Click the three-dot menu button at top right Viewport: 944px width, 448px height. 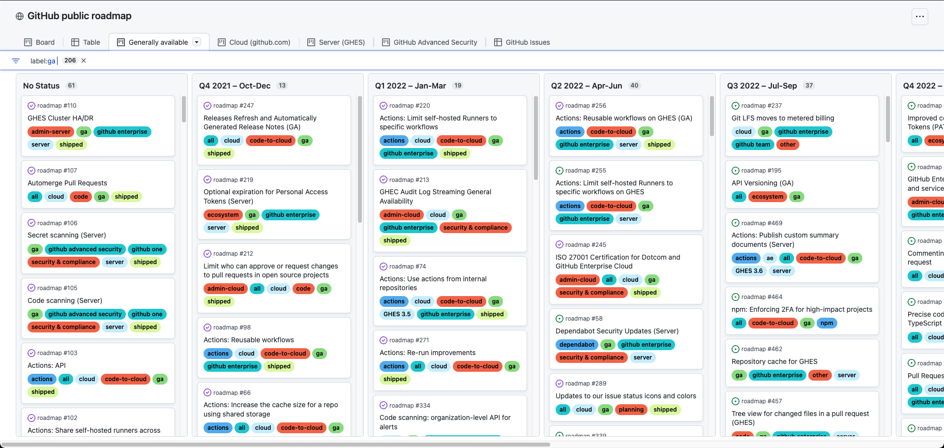tap(919, 16)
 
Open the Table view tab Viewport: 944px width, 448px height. tap(86, 42)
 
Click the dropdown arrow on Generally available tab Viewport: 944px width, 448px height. tap(197, 42)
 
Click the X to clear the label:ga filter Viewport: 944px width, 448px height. tap(84, 60)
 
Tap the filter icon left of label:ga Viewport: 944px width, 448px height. tap(16, 60)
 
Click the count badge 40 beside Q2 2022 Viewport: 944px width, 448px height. tap(634, 86)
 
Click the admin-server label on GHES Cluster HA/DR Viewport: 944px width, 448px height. tap(51, 132)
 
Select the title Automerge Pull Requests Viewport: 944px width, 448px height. tap(67, 183)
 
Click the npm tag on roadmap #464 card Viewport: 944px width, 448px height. tap(826, 323)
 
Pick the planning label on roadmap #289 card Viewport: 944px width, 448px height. tap(631, 410)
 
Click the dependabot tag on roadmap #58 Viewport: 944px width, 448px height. tap(576, 345)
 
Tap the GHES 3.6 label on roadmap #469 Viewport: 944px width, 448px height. tap(749, 271)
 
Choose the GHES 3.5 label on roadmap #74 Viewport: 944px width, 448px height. tap(397, 314)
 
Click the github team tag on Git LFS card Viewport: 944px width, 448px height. tap(752, 145)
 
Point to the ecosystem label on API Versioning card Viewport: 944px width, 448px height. tap(767, 197)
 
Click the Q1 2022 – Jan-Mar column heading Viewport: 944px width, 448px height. tap(410, 86)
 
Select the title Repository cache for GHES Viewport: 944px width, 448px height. tap(774, 361)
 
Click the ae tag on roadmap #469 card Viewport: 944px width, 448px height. tap(769, 258)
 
